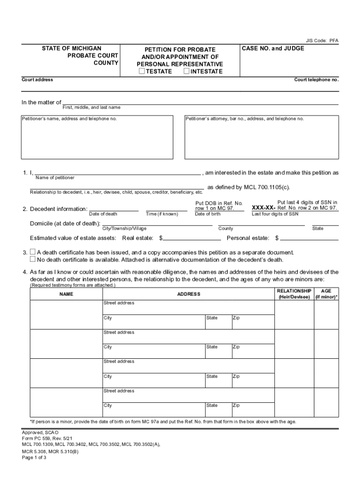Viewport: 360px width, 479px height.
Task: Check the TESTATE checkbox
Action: tap(142, 72)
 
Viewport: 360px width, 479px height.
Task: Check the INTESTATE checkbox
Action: tap(187, 72)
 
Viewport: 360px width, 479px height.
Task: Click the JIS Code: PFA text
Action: tap(322, 41)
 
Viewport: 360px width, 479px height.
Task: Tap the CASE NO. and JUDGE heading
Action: tap(273, 49)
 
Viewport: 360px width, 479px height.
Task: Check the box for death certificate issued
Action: tap(33, 252)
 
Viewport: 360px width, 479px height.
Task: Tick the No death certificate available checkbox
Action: tap(33, 259)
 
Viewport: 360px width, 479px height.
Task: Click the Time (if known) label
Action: tap(162, 214)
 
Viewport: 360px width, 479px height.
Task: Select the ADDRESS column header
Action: tap(188, 294)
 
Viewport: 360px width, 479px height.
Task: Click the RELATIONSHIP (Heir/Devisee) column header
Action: tap(294, 294)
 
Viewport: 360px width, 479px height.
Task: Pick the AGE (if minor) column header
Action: tap(326, 294)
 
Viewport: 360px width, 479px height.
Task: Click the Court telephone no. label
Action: tap(316, 80)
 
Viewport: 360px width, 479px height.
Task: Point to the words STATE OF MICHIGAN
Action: tap(72, 48)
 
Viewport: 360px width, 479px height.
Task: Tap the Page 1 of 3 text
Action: tap(34, 457)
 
